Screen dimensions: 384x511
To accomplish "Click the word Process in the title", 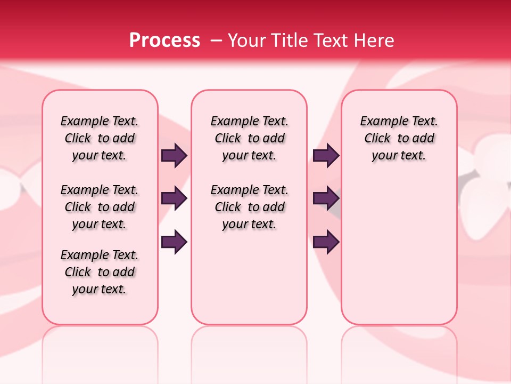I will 164,40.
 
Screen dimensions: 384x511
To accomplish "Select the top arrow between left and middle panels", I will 174,156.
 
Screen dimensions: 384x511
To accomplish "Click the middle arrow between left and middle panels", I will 174,199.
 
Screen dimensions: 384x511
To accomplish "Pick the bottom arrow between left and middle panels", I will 174,242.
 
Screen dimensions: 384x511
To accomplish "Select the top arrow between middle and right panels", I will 326,156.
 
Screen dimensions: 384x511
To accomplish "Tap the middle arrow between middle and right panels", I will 326,199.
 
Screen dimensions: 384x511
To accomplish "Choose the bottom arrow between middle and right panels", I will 326,242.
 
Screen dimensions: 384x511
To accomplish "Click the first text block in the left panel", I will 100,138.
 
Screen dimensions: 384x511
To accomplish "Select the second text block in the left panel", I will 100,207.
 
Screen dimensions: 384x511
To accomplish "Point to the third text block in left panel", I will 100,272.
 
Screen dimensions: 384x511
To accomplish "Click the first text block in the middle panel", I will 249,138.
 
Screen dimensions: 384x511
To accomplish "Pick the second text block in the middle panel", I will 249,207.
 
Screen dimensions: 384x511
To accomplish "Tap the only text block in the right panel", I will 399,138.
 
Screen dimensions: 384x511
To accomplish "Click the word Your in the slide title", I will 245,40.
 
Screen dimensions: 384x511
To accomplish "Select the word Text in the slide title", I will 331,40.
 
